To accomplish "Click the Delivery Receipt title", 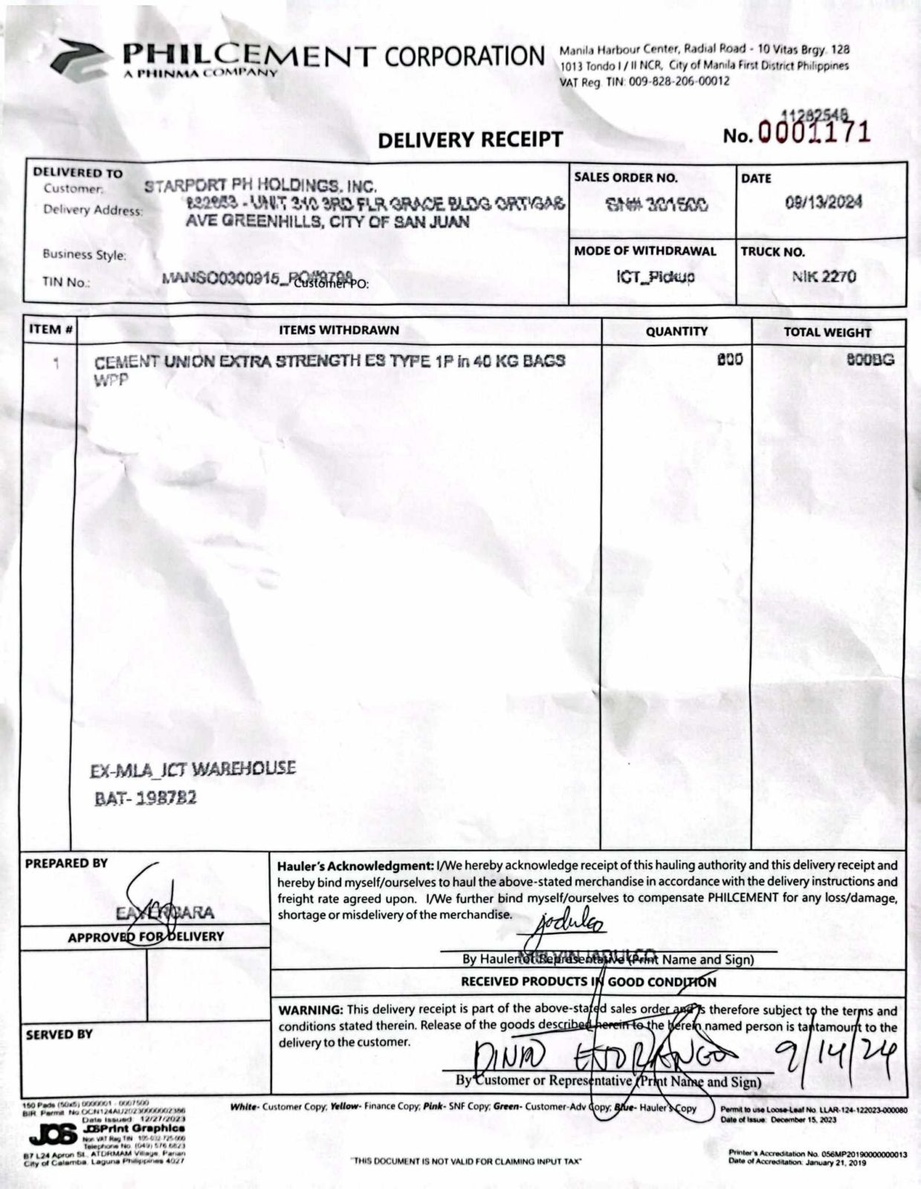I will [x=470, y=139].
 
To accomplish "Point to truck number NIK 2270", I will [x=824, y=276].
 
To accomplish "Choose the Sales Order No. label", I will [x=625, y=178].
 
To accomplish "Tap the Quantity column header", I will [x=676, y=331].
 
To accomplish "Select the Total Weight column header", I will [x=827, y=332].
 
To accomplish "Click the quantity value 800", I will [x=729, y=360].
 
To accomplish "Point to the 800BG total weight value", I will [x=870, y=360].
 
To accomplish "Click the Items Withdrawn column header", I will [x=339, y=330].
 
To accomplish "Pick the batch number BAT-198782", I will [x=146, y=798].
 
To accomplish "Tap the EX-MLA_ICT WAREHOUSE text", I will [x=193, y=769].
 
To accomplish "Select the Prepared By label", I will [x=66, y=864].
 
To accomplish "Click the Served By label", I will [x=59, y=1034].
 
